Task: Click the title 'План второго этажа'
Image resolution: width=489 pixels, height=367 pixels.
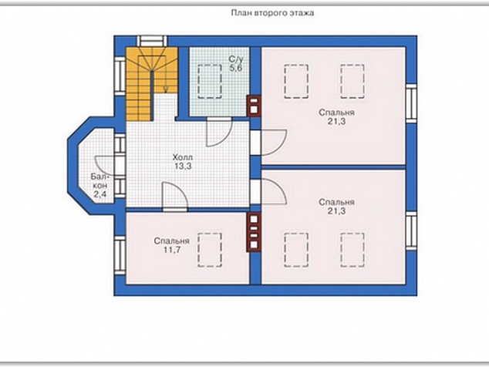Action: click(x=272, y=13)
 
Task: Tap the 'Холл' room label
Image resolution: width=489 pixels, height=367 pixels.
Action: click(x=183, y=157)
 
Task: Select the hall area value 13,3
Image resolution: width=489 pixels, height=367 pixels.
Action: click(x=183, y=167)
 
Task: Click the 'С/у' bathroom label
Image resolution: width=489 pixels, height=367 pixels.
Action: click(x=236, y=59)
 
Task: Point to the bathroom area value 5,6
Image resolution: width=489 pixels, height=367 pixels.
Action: click(x=236, y=69)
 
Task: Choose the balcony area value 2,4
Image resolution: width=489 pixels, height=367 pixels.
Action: click(x=99, y=194)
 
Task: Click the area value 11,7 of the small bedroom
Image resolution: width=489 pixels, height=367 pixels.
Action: click(x=172, y=250)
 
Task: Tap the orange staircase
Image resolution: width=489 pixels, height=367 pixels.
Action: click(x=151, y=83)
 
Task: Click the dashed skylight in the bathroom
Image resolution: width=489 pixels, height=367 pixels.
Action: click(x=210, y=81)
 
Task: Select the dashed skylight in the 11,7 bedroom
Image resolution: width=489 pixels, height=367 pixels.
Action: click(x=210, y=250)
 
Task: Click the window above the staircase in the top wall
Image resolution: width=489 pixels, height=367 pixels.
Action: click(x=152, y=42)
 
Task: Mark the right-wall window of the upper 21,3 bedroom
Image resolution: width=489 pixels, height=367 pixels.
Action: click(x=411, y=102)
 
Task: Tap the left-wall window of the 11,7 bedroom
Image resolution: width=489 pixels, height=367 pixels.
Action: click(x=120, y=256)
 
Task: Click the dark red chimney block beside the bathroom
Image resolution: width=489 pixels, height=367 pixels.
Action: click(x=255, y=106)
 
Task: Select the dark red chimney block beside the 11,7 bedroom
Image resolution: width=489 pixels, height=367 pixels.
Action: click(x=255, y=232)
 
